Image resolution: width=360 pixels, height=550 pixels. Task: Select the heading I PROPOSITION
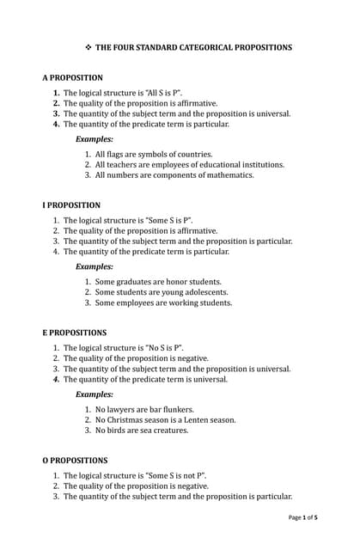coord(71,205)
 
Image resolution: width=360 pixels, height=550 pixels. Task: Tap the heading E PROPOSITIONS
coord(75,333)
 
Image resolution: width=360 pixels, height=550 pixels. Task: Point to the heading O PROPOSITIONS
coord(76,461)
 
